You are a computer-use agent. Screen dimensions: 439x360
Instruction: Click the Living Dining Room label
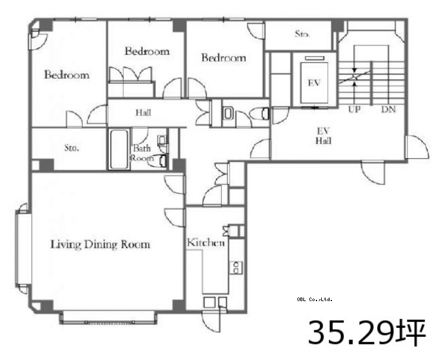tap(100, 245)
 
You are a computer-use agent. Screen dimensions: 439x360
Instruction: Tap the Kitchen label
tap(206, 242)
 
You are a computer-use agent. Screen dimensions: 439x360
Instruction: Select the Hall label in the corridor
tap(143, 112)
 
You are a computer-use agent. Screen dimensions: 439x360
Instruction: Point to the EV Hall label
tap(324, 136)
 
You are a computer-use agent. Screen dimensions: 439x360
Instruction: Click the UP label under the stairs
tap(355, 109)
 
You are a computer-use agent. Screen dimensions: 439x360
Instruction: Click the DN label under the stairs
tap(388, 109)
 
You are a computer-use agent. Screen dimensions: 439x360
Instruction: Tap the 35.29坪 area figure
tap(367, 333)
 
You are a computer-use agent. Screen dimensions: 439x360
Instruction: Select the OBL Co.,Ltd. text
tap(315, 299)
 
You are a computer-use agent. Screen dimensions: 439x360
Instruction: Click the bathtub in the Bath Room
tap(120, 149)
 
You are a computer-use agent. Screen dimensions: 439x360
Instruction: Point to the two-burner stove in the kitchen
tap(236, 267)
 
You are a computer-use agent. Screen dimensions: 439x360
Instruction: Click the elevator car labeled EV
tap(314, 83)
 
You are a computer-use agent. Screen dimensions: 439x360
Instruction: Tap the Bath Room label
tap(142, 153)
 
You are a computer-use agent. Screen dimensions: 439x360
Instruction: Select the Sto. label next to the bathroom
tap(71, 148)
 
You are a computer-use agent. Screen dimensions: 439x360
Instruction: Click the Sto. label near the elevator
tap(302, 34)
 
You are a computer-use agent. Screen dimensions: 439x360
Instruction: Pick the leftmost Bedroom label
tap(67, 75)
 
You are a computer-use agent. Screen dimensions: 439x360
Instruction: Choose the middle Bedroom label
tap(147, 51)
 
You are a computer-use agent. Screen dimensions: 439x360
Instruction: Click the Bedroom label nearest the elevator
tap(224, 58)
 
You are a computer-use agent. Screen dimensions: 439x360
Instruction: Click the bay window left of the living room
tap(21, 249)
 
